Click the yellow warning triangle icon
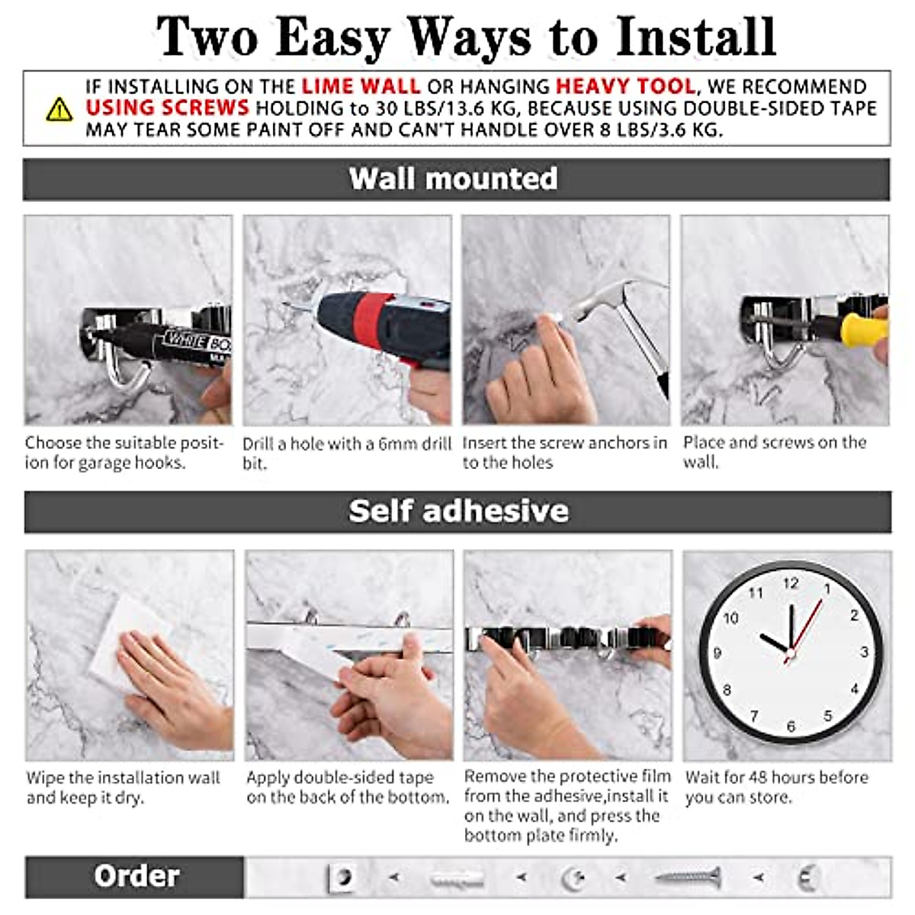tap(59, 110)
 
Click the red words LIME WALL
tap(361, 86)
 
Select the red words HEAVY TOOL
tap(624, 86)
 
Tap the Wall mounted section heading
tap(454, 179)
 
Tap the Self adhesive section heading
tap(458, 512)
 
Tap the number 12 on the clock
tap(791, 583)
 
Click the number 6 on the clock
tap(791, 726)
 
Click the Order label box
tap(136, 877)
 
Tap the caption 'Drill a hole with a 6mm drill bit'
tap(347, 453)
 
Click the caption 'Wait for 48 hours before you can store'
tap(776, 787)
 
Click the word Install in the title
tap(695, 37)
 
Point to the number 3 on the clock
tap(863, 652)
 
